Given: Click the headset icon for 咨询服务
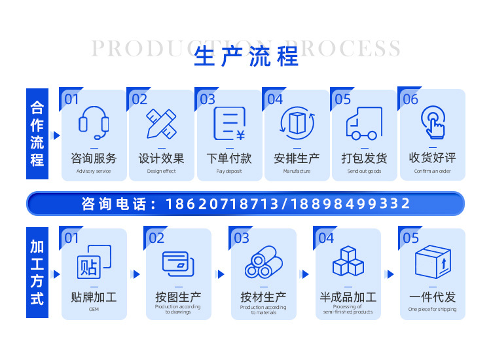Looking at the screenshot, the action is click(x=94, y=123).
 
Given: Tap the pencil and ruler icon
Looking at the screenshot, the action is click(x=161, y=123).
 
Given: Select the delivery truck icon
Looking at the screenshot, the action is click(x=365, y=123).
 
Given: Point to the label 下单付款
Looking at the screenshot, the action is click(x=229, y=158).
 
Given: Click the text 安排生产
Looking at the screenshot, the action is click(x=297, y=158).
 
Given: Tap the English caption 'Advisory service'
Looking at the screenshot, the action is click(x=94, y=171).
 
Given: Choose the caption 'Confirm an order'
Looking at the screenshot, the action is click(x=433, y=171).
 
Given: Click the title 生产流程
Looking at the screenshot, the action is click(x=246, y=58).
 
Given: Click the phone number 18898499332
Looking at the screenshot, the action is click(x=350, y=204).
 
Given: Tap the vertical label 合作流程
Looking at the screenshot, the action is click(x=37, y=134).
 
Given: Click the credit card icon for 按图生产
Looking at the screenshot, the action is click(x=178, y=263).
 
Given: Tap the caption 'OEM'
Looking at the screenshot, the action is click(x=94, y=309).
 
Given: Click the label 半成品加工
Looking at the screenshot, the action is click(x=348, y=297).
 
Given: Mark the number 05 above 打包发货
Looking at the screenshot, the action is click(x=342, y=99).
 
